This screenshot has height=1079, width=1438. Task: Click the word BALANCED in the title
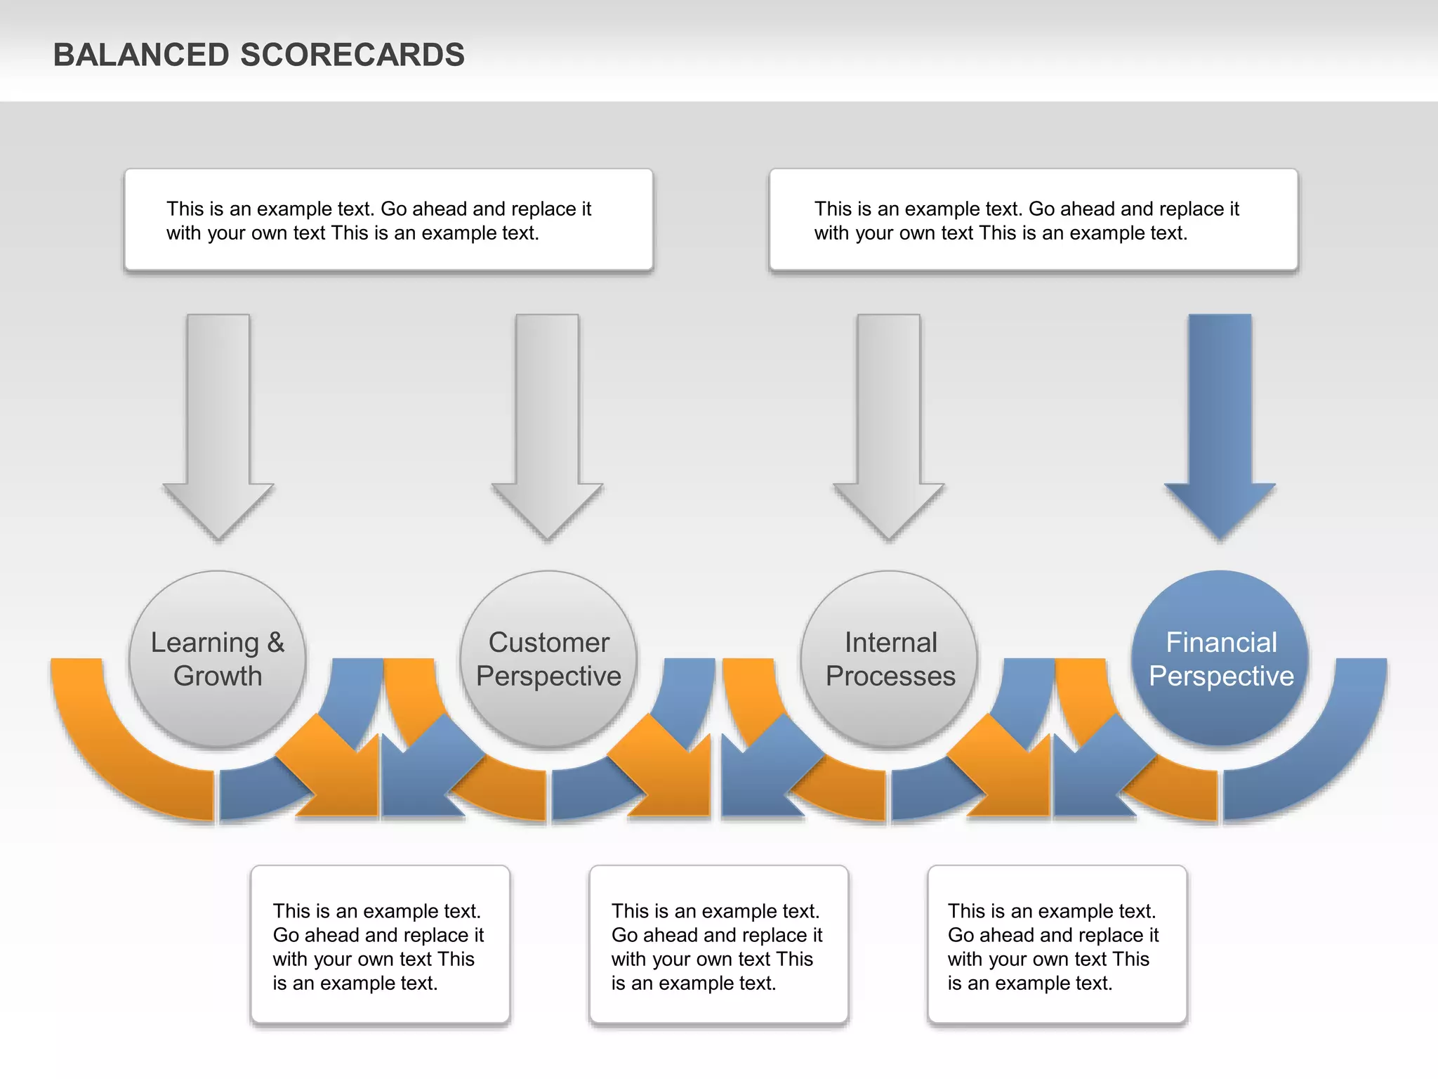pyautogui.click(x=141, y=55)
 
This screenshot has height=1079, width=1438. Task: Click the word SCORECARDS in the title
pyautogui.click(x=352, y=55)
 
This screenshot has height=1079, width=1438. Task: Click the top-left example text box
pyautogui.click(x=388, y=220)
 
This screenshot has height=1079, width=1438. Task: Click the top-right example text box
pyautogui.click(x=1033, y=220)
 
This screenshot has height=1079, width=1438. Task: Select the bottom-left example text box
pyautogui.click(x=380, y=945)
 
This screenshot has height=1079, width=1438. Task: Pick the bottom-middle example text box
pyautogui.click(x=718, y=945)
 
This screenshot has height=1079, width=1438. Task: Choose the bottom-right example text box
pyautogui.click(x=1057, y=945)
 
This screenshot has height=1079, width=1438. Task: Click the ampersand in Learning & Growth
pyautogui.click(x=275, y=642)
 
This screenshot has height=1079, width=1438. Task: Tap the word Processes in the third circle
pyautogui.click(x=890, y=676)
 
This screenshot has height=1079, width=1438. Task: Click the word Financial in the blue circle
pyautogui.click(x=1221, y=642)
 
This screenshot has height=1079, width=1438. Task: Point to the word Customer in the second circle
pyautogui.click(x=548, y=642)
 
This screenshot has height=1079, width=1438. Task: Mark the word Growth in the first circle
pyautogui.click(x=218, y=676)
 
